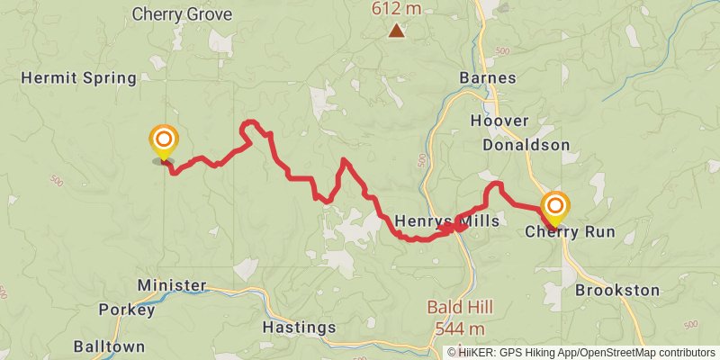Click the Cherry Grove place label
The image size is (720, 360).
tap(182, 14)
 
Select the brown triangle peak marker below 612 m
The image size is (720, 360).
tap(396, 32)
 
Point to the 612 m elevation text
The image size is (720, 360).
tap(396, 9)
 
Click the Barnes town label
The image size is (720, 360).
tap(487, 77)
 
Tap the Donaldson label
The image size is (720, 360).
tap(526, 145)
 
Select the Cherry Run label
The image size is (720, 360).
tap(570, 232)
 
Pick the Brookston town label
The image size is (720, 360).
tap(617, 291)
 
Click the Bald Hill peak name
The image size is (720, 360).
tap(459, 308)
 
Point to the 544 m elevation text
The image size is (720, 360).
tap(459, 328)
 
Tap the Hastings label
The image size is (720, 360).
tap(300, 327)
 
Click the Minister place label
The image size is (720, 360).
tap(172, 285)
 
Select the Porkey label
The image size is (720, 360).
tap(127, 310)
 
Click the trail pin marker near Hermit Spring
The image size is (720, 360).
tap(164, 141)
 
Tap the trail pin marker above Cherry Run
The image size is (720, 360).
tap(554, 208)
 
